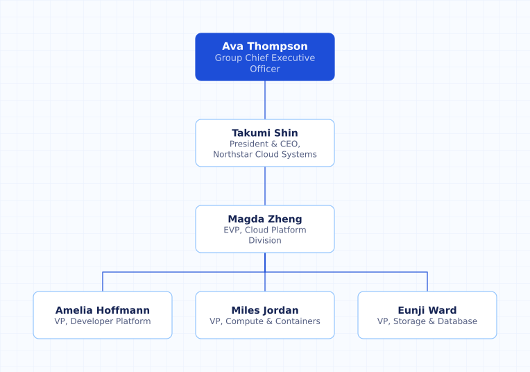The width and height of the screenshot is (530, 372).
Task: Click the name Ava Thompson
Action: tap(265, 46)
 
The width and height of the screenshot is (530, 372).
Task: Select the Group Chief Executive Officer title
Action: tap(265, 63)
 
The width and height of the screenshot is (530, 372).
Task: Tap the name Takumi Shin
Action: tap(265, 133)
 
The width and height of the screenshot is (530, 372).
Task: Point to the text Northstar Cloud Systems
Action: tap(265, 154)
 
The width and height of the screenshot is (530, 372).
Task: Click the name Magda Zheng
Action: tap(265, 219)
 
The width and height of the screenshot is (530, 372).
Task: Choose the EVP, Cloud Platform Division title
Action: tap(265, 235)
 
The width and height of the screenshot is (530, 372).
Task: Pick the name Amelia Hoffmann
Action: tap(103, 310)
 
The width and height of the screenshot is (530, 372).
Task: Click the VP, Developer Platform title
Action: tap(103, 321)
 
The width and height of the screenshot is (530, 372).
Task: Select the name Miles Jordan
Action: tap(265, 310)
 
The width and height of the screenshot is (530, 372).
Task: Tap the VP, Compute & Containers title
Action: tap(265, 321)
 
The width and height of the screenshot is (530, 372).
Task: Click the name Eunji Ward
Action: tap(427, 310)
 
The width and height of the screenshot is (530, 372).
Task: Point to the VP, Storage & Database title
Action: tap(427, 321)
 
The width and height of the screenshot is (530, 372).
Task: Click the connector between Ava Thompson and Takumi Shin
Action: tap(265, 100)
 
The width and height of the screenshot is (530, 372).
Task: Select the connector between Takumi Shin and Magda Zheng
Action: tap(265, 186)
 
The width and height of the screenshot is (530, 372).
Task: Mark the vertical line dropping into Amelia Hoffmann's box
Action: tap(103, 282)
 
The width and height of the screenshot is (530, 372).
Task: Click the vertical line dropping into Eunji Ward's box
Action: tap(427, 282)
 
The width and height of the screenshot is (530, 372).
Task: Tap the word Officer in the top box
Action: tap(265, 69)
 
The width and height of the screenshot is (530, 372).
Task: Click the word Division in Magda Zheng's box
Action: tap(265, 240)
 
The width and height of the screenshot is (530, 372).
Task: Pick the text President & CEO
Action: tap(265, 144)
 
